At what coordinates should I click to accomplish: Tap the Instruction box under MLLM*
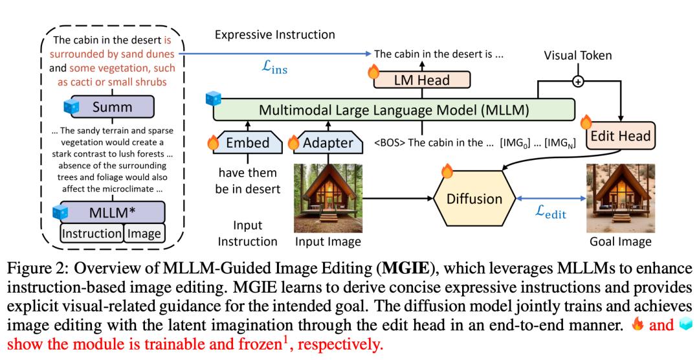pos(91,233)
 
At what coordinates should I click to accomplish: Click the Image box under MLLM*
pos(144,233)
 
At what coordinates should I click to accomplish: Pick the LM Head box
pos(421,80)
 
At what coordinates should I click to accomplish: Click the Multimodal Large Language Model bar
pos(393,109)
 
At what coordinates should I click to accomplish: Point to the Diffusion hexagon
pos(474,198)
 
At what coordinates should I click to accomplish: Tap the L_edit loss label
pos(547,212)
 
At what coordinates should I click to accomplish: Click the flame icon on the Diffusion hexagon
pos(446,172)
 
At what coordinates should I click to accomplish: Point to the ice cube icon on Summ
pos(71,104)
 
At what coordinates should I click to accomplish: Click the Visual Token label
pos(578,56)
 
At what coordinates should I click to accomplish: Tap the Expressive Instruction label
pos(274,34)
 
